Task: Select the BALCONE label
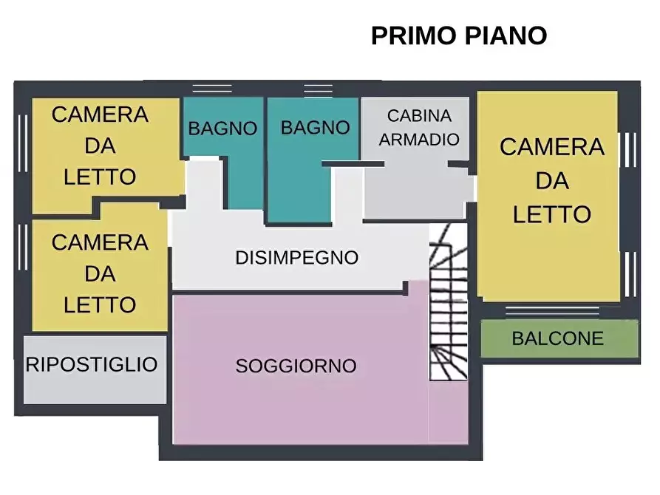coord(558,339)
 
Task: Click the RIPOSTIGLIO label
coord(92,364)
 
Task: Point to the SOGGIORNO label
coord(296,366)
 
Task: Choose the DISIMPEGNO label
coord(296,258)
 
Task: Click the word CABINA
coord(419,116)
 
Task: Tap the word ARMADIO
coord(419,139)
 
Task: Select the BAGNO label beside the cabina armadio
coord(315,128)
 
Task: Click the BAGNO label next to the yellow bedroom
coord(222,129)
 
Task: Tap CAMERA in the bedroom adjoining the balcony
coord(551,147)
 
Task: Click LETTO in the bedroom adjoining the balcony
coord(551,214)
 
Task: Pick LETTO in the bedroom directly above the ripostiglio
coord(100,304)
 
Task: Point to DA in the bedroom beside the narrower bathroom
coord(100,146)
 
